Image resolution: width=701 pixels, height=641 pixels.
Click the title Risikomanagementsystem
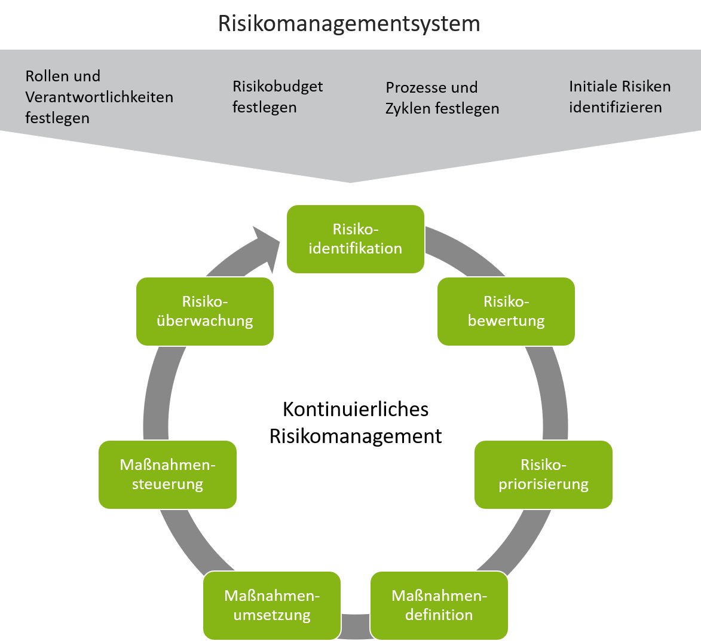pyautogui.click(x=349, y=24)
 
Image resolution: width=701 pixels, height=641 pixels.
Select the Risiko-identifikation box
pyautogui.click(x=356, y=239)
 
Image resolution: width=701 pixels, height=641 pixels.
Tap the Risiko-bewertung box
pyautogui.click(x=506, y=312)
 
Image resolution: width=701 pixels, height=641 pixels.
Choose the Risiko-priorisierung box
pyautogui.click(x=543, y=475)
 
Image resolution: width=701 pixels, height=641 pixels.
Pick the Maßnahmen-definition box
pyautogui.click(x=439, y=605)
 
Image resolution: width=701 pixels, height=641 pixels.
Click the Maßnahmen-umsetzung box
pyautogui.click(x=272, y=605)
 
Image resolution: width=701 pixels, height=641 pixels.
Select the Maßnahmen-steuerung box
pyautogui.click(x=167, y=475)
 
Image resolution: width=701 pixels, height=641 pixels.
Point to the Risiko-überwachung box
pyautogui.click(x=205, y=312)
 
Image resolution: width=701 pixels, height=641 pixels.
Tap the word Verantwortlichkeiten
pyautogui.click(x=99, y=97)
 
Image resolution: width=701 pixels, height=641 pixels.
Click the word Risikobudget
pyautogui.click(x=277, y=87)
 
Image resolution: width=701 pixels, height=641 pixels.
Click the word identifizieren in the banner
pyautogui.click(x=615, y=108)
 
